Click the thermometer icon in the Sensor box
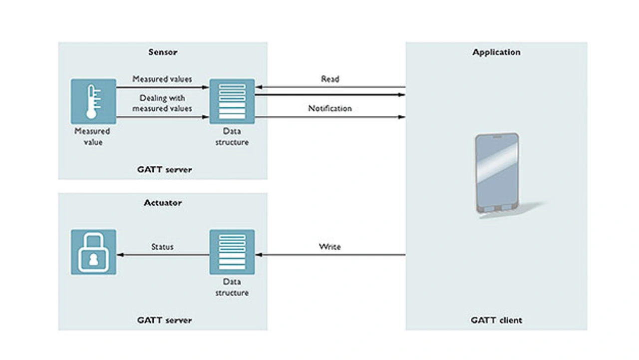pos(93,101)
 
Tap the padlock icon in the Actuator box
pos(93,252)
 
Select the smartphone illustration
pos(497,173)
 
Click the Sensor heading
pos(163,52)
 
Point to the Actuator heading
pos(163,203)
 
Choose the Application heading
pos(496,52)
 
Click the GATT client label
pos(496,320)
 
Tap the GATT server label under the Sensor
pos(164,169)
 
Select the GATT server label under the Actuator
pos(164,320)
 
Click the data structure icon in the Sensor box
pos(232,101)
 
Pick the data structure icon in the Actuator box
pos(232,252)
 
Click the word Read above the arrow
pos(330,79)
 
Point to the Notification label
pos(330,108)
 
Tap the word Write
pos(330,247)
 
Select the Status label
pos(162,247)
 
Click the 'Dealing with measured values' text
pos(162,103)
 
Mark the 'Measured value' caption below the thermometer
pos(92,136)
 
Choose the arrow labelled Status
pos(163,255)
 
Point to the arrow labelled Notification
pos(330,117)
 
